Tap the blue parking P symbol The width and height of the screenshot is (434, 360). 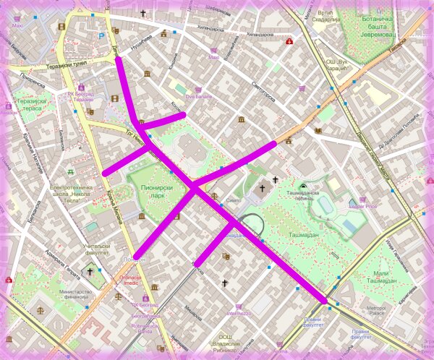pos(101,33)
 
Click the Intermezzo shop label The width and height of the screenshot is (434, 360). pos(239,314)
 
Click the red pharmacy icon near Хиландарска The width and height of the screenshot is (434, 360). pos(289,41)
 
